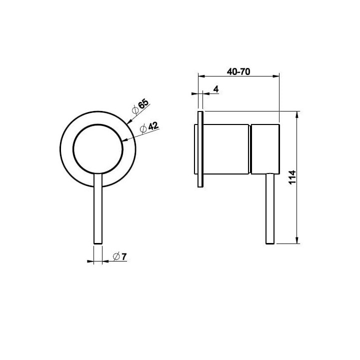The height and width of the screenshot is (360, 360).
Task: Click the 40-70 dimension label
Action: coord(238,71)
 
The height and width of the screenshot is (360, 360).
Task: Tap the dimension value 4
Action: coord(216,89)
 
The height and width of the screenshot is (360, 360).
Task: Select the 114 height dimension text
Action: coord(292,177)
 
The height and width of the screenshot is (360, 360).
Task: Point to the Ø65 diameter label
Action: coord(140,107)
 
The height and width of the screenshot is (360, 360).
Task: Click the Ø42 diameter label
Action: coord(149,127)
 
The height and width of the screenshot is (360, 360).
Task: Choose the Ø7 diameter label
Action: coord(120,256)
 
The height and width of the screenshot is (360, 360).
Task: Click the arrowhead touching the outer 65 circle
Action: coord(129,121)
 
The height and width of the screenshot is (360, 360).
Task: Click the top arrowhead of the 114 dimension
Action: coord(297,114)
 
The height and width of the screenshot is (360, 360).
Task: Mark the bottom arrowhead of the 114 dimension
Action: coord(297,240)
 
